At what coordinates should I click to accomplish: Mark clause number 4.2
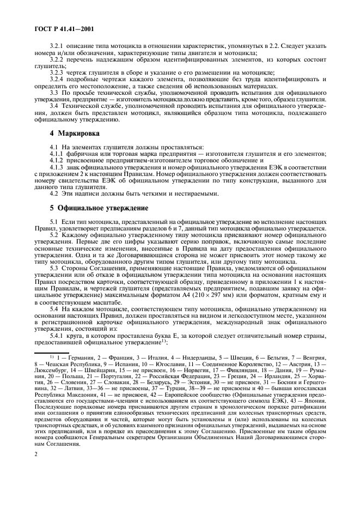click(54, 193)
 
